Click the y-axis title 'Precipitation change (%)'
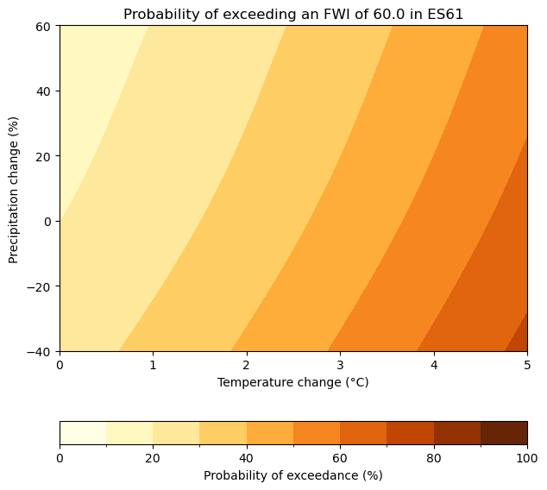tap(14, 188)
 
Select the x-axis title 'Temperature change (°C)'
tap(293, 382)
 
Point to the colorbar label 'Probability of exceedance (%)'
tap(293, 475)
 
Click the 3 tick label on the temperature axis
tap(340, 365)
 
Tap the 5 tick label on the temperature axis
tap(527, 365)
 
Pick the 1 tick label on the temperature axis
tap(153, 365)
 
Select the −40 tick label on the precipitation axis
tap(40, 351)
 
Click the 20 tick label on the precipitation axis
tap(43, 156)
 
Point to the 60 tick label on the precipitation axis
tap(43, 26)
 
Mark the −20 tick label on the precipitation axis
tap(40, 286)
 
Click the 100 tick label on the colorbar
tap(527, 458)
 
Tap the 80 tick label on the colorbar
tap(434, 458)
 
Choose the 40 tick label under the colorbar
tap(247, 458)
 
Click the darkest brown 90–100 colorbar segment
tap(504, 432)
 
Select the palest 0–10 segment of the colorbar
tap(83, 432)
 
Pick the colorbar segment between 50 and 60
tap(317, 432)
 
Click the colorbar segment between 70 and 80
tap(410, 432)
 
